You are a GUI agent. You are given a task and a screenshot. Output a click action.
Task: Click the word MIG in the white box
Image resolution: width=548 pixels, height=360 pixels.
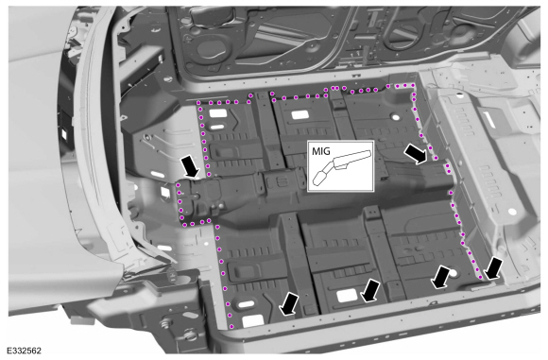[321, 151]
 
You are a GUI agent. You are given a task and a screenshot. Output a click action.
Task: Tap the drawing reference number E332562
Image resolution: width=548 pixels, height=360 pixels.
[25, 351]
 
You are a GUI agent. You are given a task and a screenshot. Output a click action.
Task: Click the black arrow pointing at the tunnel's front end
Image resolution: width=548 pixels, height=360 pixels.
[190, 167]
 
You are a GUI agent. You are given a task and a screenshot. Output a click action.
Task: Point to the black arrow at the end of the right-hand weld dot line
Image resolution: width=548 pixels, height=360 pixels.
[493, 268]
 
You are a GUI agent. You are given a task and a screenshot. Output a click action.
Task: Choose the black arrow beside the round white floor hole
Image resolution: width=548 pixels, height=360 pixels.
[440, 277]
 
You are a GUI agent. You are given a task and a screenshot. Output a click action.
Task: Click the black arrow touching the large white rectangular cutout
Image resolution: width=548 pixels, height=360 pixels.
[370, 290]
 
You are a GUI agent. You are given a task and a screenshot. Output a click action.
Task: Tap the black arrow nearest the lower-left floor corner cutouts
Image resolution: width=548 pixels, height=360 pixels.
[289, 304]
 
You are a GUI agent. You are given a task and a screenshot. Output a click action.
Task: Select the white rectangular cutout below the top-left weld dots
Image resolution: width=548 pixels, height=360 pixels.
[217, 113]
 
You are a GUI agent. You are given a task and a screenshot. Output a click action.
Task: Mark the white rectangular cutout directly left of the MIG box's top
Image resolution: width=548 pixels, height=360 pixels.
[300, 114]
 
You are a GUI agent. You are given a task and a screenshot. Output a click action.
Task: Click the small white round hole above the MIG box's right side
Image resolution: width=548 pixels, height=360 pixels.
[395, 117]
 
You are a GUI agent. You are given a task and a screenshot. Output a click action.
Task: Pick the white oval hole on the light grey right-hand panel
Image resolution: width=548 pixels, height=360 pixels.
[512, 212]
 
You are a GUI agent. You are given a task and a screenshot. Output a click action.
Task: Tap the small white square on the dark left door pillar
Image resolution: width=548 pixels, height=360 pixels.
[64, 133]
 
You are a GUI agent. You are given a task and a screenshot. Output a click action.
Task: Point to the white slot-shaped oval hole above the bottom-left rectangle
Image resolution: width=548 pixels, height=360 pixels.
[246, 304]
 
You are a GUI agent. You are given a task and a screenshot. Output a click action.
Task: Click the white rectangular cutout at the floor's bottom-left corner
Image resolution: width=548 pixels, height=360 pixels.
[252, 320]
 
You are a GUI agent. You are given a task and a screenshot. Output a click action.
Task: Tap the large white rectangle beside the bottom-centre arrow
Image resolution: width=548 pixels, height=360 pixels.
[347, 296]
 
